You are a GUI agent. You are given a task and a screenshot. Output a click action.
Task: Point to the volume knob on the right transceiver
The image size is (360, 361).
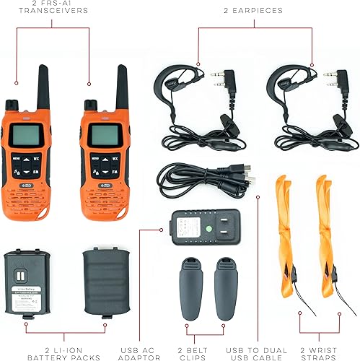[x=89, y=103]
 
